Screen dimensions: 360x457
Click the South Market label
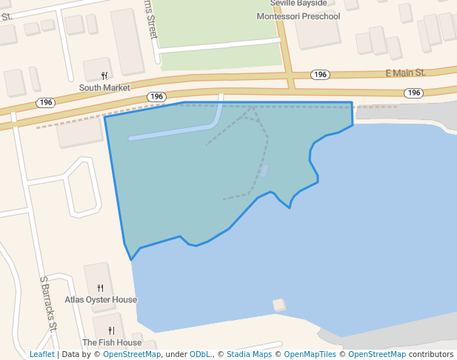[x=104, y=87]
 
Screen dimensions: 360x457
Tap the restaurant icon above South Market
[x=104, y=76]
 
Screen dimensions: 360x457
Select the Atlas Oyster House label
[x=101, y=300]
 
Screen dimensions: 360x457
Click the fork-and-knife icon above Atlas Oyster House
[x=101, y=288]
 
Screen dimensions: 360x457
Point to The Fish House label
[x=112, y=343]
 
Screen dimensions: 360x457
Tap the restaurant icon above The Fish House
[x=111, y=331]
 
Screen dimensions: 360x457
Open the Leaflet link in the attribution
[x=41, y=355]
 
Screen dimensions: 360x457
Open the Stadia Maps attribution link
[x=249, y=355]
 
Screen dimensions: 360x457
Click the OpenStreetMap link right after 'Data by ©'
[x=132, y=355]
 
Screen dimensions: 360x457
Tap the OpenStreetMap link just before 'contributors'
[x=377, y=355]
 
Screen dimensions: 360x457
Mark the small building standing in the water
[x=279, y=304]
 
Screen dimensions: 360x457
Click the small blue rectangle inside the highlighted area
[x=264, y=171]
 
